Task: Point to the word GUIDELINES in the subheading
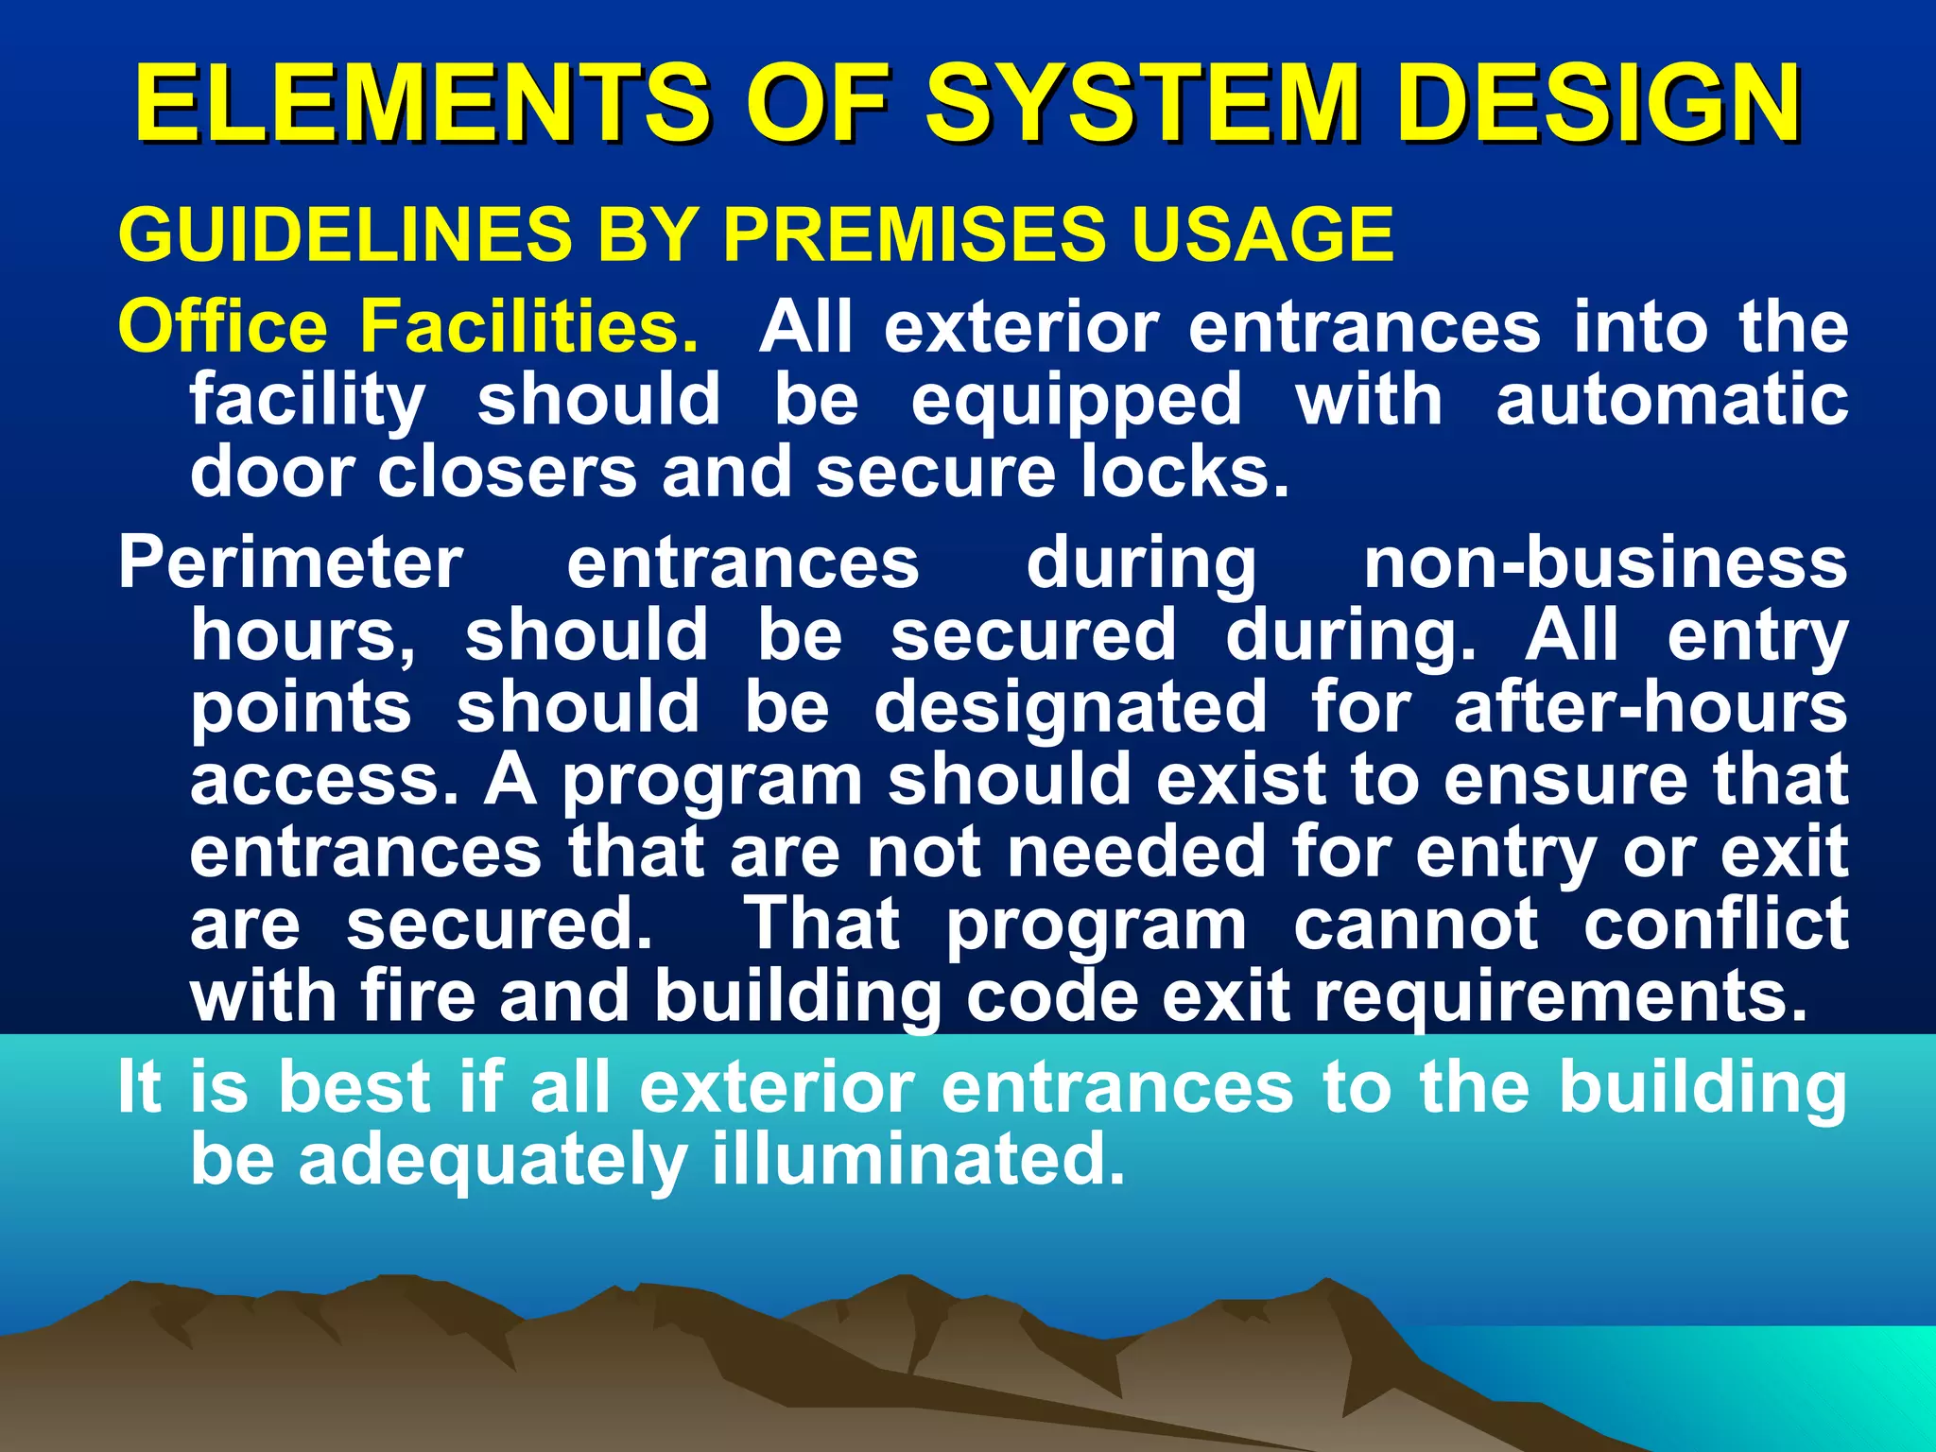coord(346,234)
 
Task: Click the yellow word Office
coord(223,327)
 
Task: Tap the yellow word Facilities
coord(529,327)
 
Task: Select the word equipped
coord(1077,400)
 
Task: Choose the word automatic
coord(1671,400)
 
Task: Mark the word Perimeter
coord(291,563)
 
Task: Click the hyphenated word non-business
coord(1605,563)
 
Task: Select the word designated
coord(1070,708)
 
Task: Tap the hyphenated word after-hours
coord(1651,708)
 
